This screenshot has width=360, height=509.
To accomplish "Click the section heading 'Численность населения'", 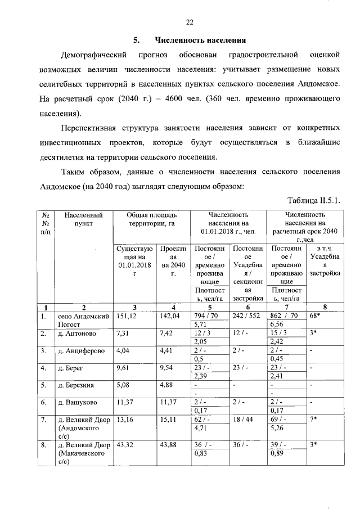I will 201,40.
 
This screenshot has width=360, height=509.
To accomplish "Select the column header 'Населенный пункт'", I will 83,219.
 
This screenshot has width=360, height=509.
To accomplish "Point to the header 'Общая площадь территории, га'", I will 152,219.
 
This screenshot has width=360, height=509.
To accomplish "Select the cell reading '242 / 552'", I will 245,317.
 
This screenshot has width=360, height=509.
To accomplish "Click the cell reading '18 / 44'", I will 243,420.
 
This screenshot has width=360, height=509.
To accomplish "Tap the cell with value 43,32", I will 125,445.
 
